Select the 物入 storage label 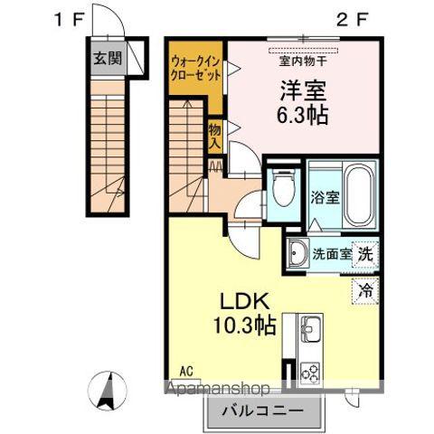[215, 137]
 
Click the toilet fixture [284, 191]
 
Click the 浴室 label [325, 196]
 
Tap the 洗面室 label [332, 255]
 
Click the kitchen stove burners [309, 371]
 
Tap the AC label [186, 371]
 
